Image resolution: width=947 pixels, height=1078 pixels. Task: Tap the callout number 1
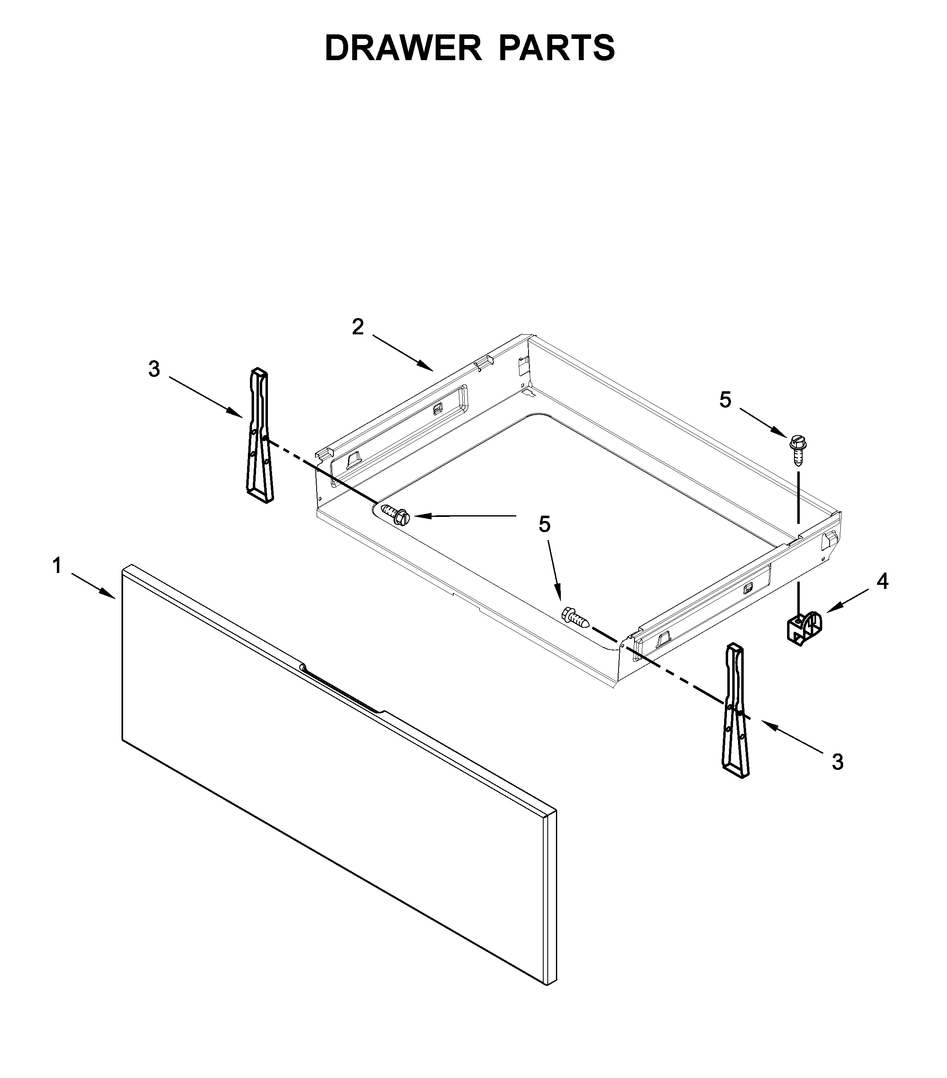[56, 566]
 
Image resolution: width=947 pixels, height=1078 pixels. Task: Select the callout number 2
[358, 327]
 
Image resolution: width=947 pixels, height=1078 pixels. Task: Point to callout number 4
[882, 581]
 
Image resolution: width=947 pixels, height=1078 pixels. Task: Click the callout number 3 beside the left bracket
[153, 369]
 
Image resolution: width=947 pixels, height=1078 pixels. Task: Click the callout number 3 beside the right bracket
[837, 762]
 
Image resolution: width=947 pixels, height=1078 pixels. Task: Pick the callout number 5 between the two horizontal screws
[544, 525]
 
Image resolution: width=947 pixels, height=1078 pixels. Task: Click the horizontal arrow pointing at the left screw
[464, 516]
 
